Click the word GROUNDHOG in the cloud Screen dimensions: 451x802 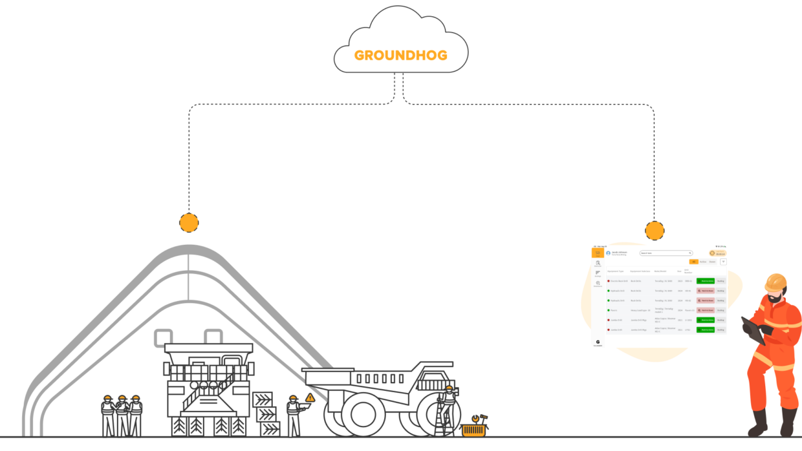pyautogui.click(x=401, y=56)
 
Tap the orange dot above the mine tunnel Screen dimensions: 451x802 pyautogui.click(x=189, y=223)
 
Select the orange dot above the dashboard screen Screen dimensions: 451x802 pyautogui.click(x=655, y=231)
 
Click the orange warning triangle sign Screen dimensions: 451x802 pyautogui.click(x=310, y=398)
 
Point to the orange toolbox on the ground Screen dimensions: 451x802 pyautogui.click(x=474, y=429)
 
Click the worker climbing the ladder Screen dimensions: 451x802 pyautogui.click(x=448, y=404)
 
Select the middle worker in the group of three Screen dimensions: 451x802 pyautogui.click(x=122, y=414)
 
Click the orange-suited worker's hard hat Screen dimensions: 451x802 pyautogui.click(x=775, y=282)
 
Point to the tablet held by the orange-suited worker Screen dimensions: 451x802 pyautogui.click(x=750, y=329)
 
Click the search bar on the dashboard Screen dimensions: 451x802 pyautogui.click(x=666, y=253)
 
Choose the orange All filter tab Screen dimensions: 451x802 pyautogui.click(x=693, y=262)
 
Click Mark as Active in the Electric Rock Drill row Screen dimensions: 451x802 pyautogui.click(x=705, y=281)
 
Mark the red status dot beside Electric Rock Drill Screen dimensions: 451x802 pyautogui.click(x=609, y=281)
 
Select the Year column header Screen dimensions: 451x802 pyautogui.click(x=679, y=271)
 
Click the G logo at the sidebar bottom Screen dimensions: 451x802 pyautogui.click(x=598, y=342)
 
